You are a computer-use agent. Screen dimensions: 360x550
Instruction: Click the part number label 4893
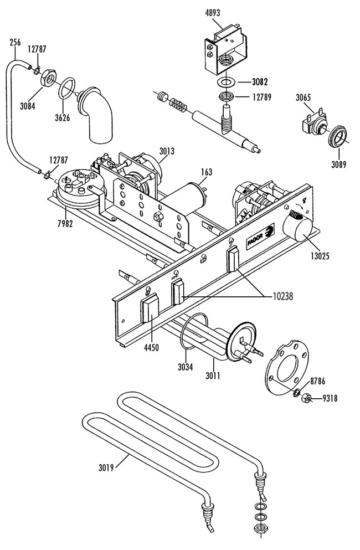pos(212,13)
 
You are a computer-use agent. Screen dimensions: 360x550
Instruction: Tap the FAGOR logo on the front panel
pos(260,237)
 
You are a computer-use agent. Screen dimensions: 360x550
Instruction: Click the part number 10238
pos(282,296)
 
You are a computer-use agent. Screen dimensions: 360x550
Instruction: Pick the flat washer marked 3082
pos(227,82)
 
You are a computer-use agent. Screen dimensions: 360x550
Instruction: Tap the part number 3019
pos(106,467)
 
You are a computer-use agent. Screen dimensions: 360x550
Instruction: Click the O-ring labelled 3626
pos(66,89)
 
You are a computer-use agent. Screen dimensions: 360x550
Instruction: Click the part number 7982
pos(65,223)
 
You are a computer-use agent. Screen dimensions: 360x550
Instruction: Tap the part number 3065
pos(303,97)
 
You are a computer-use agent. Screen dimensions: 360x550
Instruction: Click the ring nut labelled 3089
pos(337,136)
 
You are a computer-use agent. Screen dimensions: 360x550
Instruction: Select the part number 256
pos(15,43)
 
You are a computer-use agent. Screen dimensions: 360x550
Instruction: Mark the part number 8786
pos(317,381)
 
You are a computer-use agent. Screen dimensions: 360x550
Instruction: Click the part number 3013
pos(167,151)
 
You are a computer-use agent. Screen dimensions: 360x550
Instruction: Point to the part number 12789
pos(262,97)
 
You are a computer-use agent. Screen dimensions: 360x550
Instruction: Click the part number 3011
pos(213,376)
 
